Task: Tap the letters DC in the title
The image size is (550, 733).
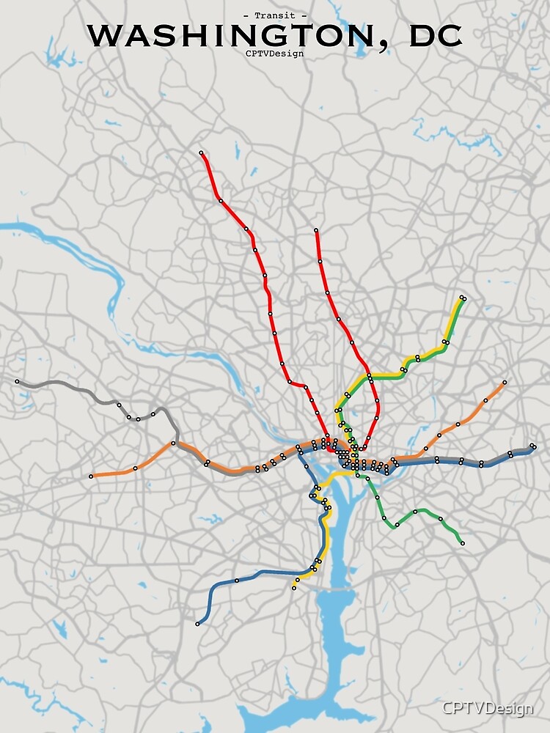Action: point(436,35)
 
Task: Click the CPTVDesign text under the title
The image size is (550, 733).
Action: point(275,53)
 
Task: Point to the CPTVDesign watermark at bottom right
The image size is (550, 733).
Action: point(487,709)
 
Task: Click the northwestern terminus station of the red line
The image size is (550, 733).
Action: point(201,153)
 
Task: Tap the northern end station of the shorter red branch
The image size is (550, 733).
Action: point(316,231)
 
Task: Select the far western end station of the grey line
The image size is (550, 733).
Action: point(17,381)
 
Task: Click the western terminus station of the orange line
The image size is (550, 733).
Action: point(91,476)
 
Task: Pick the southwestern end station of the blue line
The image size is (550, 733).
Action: point(197,624)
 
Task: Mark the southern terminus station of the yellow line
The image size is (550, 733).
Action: point(294,588)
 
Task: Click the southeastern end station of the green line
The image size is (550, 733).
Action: point(462,543)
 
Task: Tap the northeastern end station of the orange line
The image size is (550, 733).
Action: point(505,383)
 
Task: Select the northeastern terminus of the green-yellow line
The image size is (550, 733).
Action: point(463,298)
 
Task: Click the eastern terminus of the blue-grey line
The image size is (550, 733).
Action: point(533,446)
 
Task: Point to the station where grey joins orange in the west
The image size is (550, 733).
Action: point(174,443)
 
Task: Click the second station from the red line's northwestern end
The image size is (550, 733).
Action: point(220,200)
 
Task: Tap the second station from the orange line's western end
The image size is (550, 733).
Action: point(135,468)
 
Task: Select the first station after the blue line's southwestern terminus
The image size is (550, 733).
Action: point(237,581)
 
